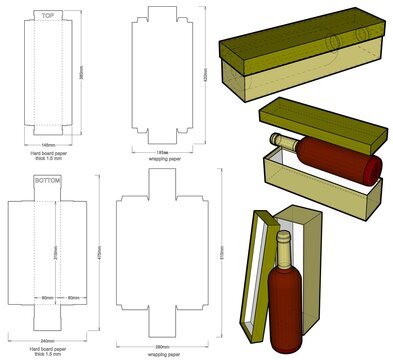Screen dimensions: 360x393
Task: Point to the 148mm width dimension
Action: (47, 142)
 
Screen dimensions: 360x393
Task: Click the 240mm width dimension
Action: (47, 340)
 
